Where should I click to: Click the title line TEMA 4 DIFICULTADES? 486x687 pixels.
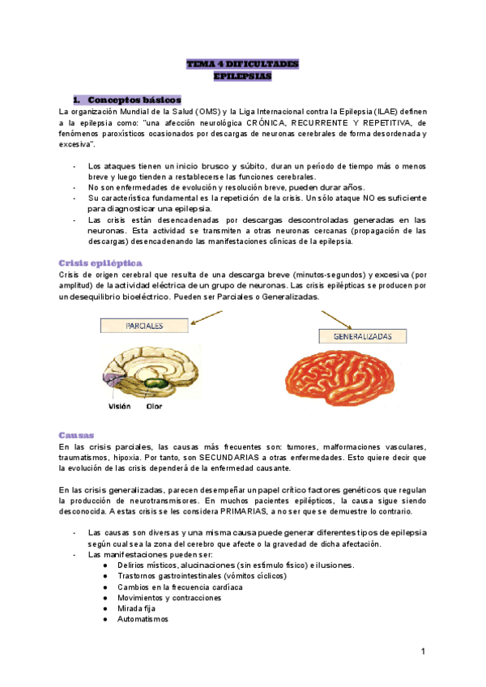(x=242, y=63)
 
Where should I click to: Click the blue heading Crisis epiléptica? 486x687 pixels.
(x=101, y=263)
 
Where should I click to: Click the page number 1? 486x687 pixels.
(x=423, y=651)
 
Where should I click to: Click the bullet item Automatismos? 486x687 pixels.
(x=143, y=619)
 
